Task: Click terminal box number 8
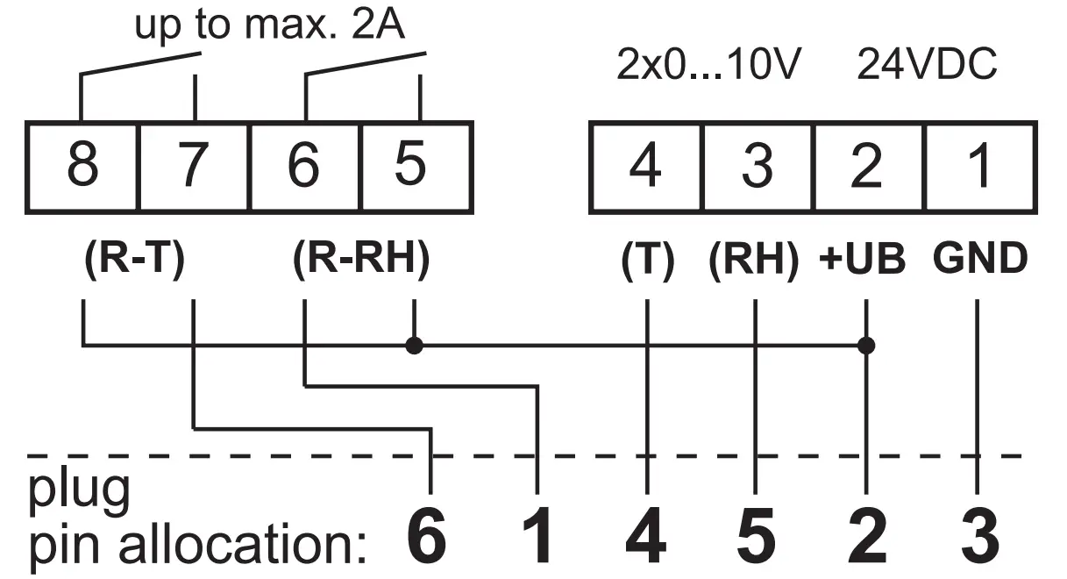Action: click(x=82, y=167)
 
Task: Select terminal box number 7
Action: click(x=194, y=167)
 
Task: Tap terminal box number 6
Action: click(x=305, y=167)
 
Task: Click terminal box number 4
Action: click(x=645, y=167)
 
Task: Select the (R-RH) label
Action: click(x=359, y=261)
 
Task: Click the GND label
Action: click(x=979, y=261)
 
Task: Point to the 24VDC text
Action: click(x=927, y=67)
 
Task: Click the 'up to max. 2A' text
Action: click(x=269, y=26)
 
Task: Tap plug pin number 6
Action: click(x=427, y=536)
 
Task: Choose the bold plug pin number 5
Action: click(x=756, y=536)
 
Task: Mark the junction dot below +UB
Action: click(x=866, y=345)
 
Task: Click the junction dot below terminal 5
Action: click(x=415, y=345)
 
